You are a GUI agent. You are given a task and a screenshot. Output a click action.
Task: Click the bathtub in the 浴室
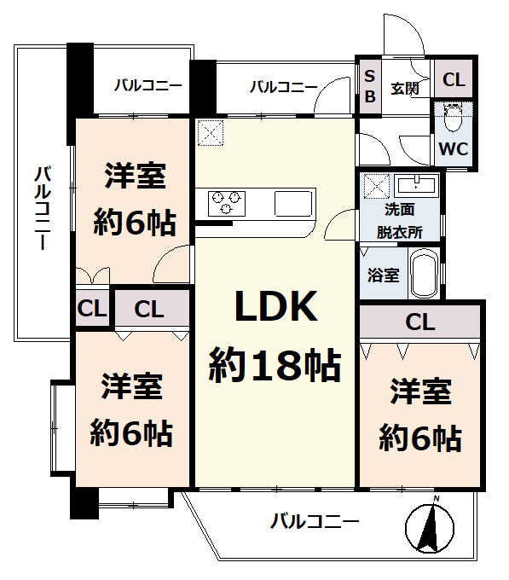pos(423,272)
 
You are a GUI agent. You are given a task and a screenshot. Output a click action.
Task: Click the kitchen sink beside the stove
pos(294,203)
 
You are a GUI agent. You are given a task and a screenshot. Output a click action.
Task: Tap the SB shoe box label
pos(369,85)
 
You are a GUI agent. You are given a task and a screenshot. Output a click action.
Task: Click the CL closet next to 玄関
pos(454,81)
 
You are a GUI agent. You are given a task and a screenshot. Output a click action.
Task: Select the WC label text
pos(453,148)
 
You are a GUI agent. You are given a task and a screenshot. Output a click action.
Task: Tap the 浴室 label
pos(383,275)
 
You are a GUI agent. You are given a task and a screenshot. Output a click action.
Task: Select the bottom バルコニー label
pos(315,520)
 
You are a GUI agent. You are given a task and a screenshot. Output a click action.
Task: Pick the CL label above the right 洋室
pos(420,322)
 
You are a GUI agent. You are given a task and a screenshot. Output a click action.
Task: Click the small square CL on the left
pos(90,309)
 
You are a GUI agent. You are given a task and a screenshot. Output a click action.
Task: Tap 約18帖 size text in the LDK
pos(275,366)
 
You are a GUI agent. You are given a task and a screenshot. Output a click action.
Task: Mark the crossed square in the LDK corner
pos(210,133)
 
